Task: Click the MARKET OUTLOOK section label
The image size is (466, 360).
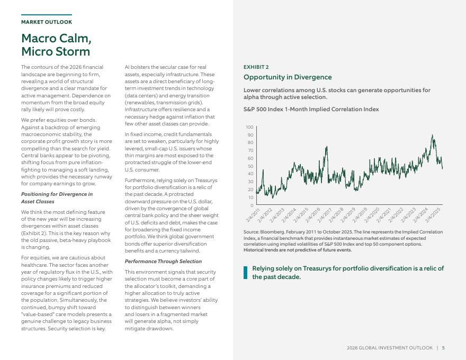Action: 47,22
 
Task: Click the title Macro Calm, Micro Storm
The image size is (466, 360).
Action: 56,45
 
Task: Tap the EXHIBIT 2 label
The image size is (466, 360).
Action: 256,67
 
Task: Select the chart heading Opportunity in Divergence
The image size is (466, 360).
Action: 288,77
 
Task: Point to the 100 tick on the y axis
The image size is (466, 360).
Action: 249,128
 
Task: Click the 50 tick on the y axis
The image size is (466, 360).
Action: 250,166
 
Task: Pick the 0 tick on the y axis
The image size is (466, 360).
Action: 252,205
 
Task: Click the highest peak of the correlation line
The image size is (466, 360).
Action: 433,136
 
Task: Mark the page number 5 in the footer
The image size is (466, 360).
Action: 443,348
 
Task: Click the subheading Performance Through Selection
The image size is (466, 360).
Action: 163,262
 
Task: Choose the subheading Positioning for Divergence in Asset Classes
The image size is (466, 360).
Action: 57,198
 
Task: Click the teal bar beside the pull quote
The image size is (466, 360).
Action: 245,273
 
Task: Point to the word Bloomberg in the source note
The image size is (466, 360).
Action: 270,232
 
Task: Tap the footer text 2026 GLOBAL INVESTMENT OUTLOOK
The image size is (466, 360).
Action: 390,348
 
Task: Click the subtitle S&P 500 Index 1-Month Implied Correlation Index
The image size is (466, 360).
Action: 311,110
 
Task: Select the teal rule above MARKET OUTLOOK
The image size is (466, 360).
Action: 47,15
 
